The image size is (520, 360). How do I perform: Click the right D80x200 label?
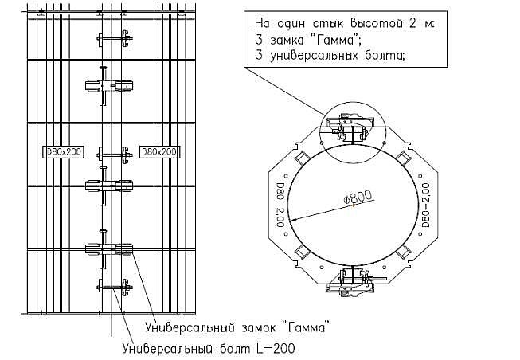(158, 151)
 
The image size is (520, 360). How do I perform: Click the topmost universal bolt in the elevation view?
(114, 37)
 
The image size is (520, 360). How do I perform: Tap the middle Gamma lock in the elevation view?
(109, 185)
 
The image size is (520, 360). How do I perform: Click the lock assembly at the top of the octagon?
(350, 127)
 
